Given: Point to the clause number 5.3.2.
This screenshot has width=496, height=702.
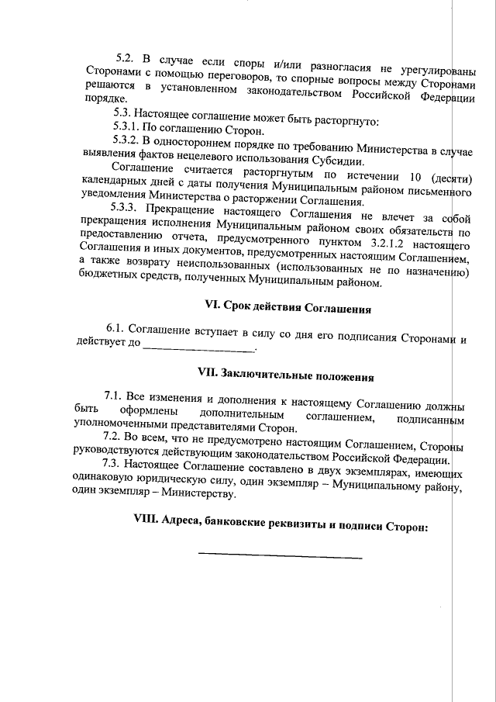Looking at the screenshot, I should (126, 141).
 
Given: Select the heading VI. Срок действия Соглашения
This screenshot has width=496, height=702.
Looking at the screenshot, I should (284, 309).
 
